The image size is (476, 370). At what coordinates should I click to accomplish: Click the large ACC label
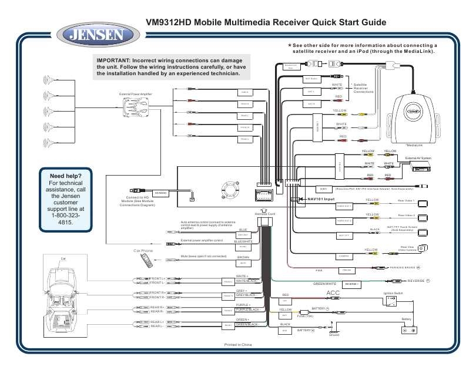click(333, 293)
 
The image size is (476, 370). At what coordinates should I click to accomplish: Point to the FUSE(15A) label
click(306, 316)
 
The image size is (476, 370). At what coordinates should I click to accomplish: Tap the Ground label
click(334, 335)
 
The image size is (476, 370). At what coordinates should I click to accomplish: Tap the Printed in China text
click(237, 345)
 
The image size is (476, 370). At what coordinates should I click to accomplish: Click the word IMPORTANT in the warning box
click(114, 60)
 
